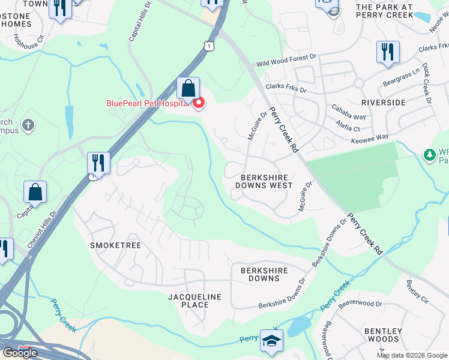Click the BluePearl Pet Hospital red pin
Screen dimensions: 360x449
tap(199, 103)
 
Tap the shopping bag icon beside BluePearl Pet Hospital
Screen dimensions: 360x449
tap(188, 89)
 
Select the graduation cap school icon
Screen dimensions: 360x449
tap(271, 341)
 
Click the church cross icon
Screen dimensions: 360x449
tap(27, 126)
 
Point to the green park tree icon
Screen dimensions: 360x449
tap(430, 155)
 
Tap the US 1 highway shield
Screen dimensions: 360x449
tap(208, 46)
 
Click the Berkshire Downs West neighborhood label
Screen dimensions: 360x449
tap(267, 181)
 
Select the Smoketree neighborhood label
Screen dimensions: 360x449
tap(115, 246)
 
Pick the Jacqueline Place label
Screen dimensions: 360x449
tap(194, 301)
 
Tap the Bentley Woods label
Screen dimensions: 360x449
tap(382, 335)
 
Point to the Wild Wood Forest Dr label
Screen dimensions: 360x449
tap(286, 59)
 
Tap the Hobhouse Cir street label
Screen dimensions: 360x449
tap(29, 41)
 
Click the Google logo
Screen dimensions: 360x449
tap(20, 352)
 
